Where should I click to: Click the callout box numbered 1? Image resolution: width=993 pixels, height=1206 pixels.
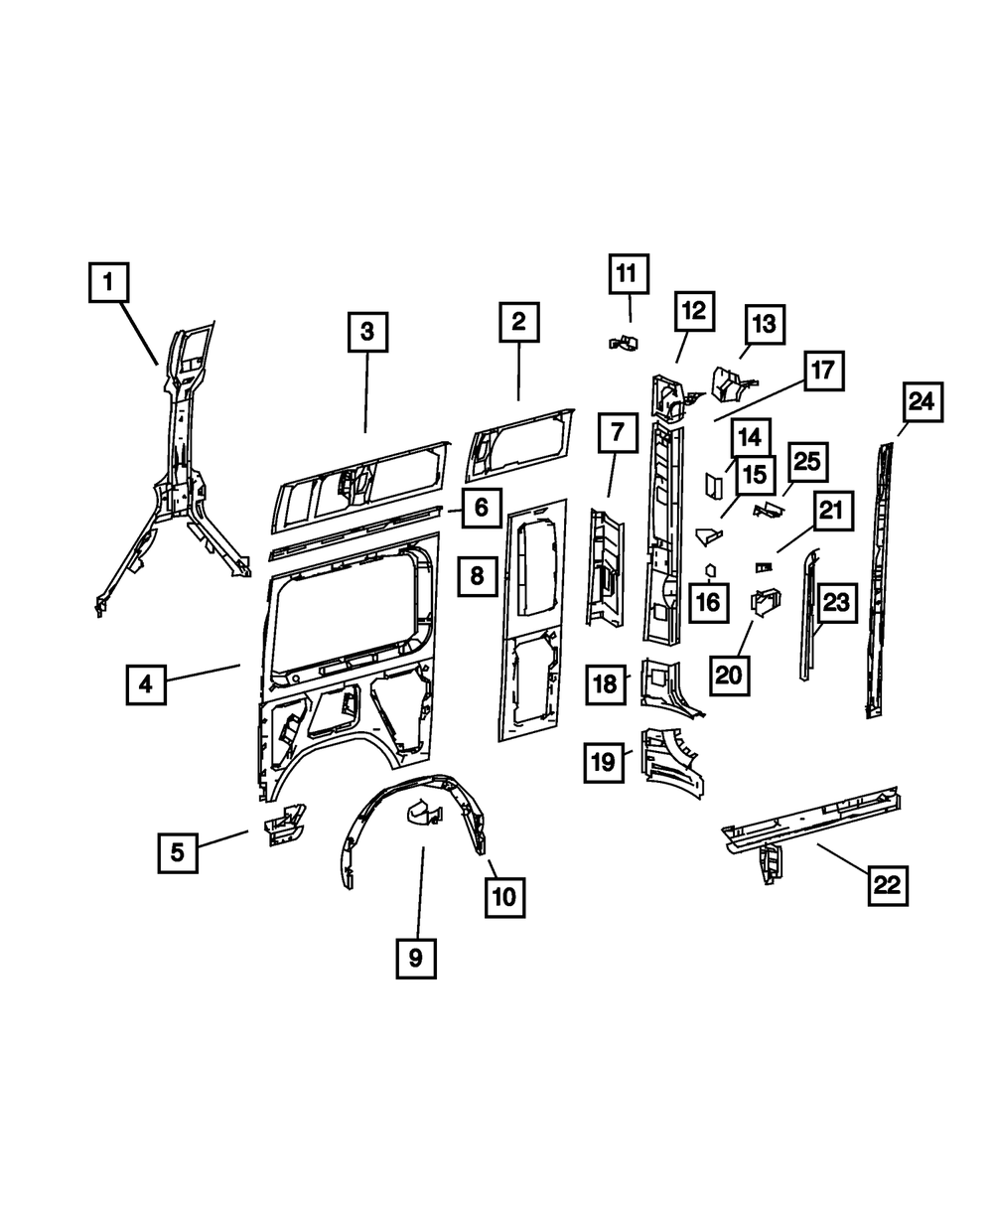pos(108,282)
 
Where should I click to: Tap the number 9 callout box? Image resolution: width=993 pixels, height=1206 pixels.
pos(415,957)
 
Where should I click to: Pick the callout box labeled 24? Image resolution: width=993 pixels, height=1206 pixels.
pos(921,403)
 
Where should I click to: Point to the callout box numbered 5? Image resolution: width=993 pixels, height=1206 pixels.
pos(177,851)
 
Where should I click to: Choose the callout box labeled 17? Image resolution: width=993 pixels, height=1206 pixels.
pos(823,372)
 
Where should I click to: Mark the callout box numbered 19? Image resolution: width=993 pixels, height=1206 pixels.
pos(605,762)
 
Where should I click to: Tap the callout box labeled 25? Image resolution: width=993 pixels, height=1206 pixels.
pos(807,462)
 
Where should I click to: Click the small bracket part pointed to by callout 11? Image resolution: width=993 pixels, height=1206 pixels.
pos(622,343)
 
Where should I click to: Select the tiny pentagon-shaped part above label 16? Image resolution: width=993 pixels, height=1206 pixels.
pos(711,570)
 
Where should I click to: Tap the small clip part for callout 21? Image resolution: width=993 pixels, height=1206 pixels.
pos(763,567)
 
